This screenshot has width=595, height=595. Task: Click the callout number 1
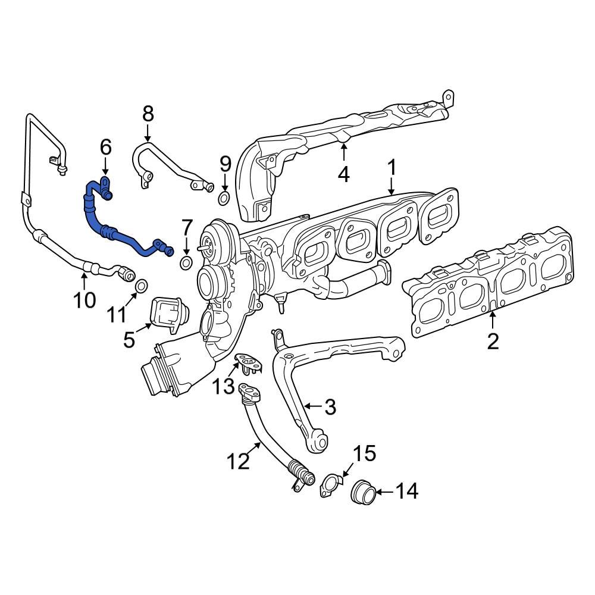(x=392, y=168)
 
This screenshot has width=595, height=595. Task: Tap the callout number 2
(x=493, y=341)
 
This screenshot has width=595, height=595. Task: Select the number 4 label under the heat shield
(x=344, y=174)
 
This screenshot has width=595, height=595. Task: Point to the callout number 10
(x=84, y=299)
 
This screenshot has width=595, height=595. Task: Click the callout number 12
(x=239, y=460)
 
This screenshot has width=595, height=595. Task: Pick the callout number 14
(x=407, y=491)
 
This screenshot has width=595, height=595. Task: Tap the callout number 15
(x=365, y=453)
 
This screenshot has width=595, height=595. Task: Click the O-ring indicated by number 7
(x=186, y=264)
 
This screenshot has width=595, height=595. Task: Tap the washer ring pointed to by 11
(x=142, y=287)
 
